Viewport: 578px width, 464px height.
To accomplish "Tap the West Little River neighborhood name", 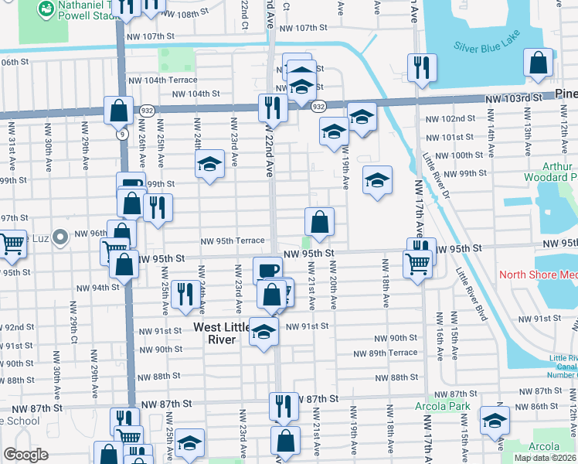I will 223,333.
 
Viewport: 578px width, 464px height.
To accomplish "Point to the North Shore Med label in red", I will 538,275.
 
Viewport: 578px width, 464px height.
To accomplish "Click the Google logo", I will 25,454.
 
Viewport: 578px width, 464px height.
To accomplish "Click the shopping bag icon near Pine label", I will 537,63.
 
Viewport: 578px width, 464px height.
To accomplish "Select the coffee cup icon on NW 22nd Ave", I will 267,271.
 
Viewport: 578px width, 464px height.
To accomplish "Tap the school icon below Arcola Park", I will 495,421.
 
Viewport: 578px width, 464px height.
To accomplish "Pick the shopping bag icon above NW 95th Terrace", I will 319,223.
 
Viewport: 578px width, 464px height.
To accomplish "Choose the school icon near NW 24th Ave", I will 209,164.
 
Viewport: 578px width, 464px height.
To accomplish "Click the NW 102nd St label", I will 450,118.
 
